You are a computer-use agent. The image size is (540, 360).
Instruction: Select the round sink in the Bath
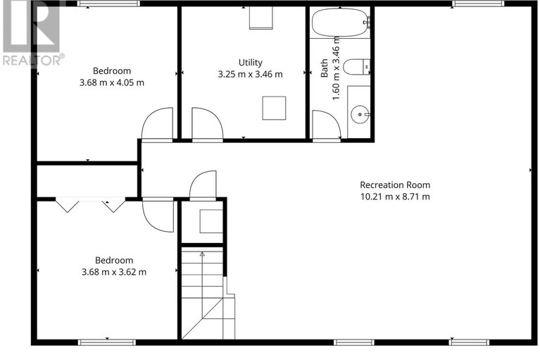361,113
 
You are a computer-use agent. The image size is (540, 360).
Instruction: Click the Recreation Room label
394,185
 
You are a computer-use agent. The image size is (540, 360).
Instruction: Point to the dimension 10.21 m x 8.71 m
394,197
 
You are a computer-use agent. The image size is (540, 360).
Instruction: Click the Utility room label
250,63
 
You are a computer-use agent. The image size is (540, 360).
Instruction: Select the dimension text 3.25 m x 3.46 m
250,74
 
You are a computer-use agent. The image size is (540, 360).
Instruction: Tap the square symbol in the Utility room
274,108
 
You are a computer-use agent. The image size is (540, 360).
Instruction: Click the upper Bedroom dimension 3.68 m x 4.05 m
113,82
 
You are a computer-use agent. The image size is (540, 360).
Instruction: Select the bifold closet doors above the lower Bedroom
90,204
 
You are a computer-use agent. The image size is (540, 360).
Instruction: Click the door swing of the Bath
326,125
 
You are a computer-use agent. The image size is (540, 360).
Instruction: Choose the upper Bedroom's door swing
158,125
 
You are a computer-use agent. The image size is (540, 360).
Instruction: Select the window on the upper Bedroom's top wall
99,4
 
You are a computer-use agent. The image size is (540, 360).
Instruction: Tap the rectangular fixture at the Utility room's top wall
260,18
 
